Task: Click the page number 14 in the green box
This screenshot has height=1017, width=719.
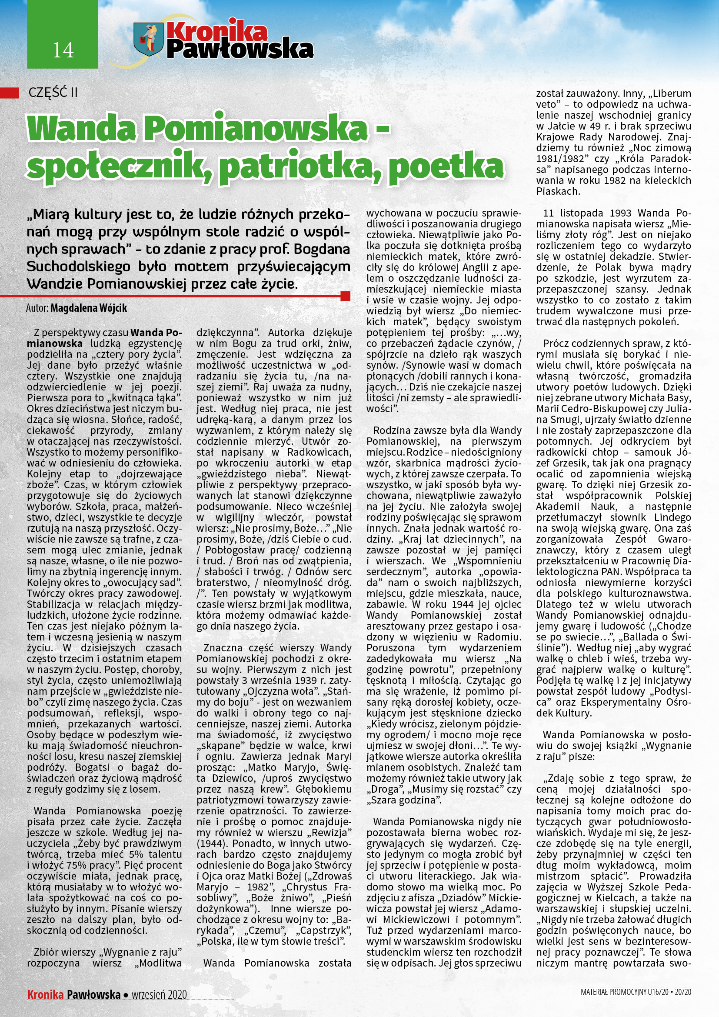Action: click(63, 50)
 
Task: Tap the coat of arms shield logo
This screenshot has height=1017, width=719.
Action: click(148, 40)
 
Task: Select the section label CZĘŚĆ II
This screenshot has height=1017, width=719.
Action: click(53, 93)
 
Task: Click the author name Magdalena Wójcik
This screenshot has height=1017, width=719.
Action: click(89, 308)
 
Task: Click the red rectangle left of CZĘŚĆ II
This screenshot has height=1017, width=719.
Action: click(9, 93)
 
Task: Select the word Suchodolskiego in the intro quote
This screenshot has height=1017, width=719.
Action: click(79, 267)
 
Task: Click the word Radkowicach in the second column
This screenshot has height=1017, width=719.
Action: click(319, 452)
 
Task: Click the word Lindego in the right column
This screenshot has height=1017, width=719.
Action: click(672, 517)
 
